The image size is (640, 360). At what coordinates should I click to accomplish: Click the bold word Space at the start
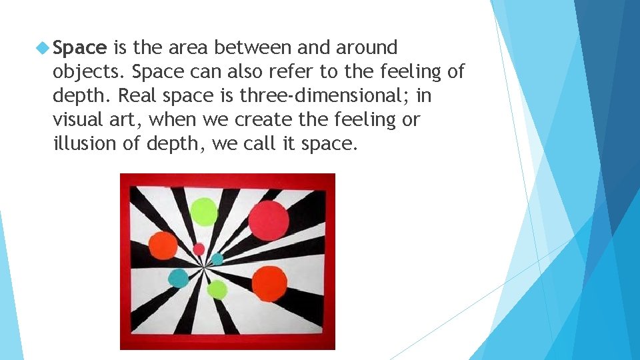tap(79, 48)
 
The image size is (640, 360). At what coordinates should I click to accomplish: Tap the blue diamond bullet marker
tap(43, 48)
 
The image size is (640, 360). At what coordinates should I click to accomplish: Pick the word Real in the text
tap(136, 96)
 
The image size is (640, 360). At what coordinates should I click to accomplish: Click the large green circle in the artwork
tap(204, 211)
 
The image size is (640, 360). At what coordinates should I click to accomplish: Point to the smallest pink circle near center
tap(199, 249)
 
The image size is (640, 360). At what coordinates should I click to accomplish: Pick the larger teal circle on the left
tap(178, 277)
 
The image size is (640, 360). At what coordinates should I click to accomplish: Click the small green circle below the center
tap(217, 289)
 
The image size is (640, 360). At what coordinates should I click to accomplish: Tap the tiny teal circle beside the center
tap(217, 259)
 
